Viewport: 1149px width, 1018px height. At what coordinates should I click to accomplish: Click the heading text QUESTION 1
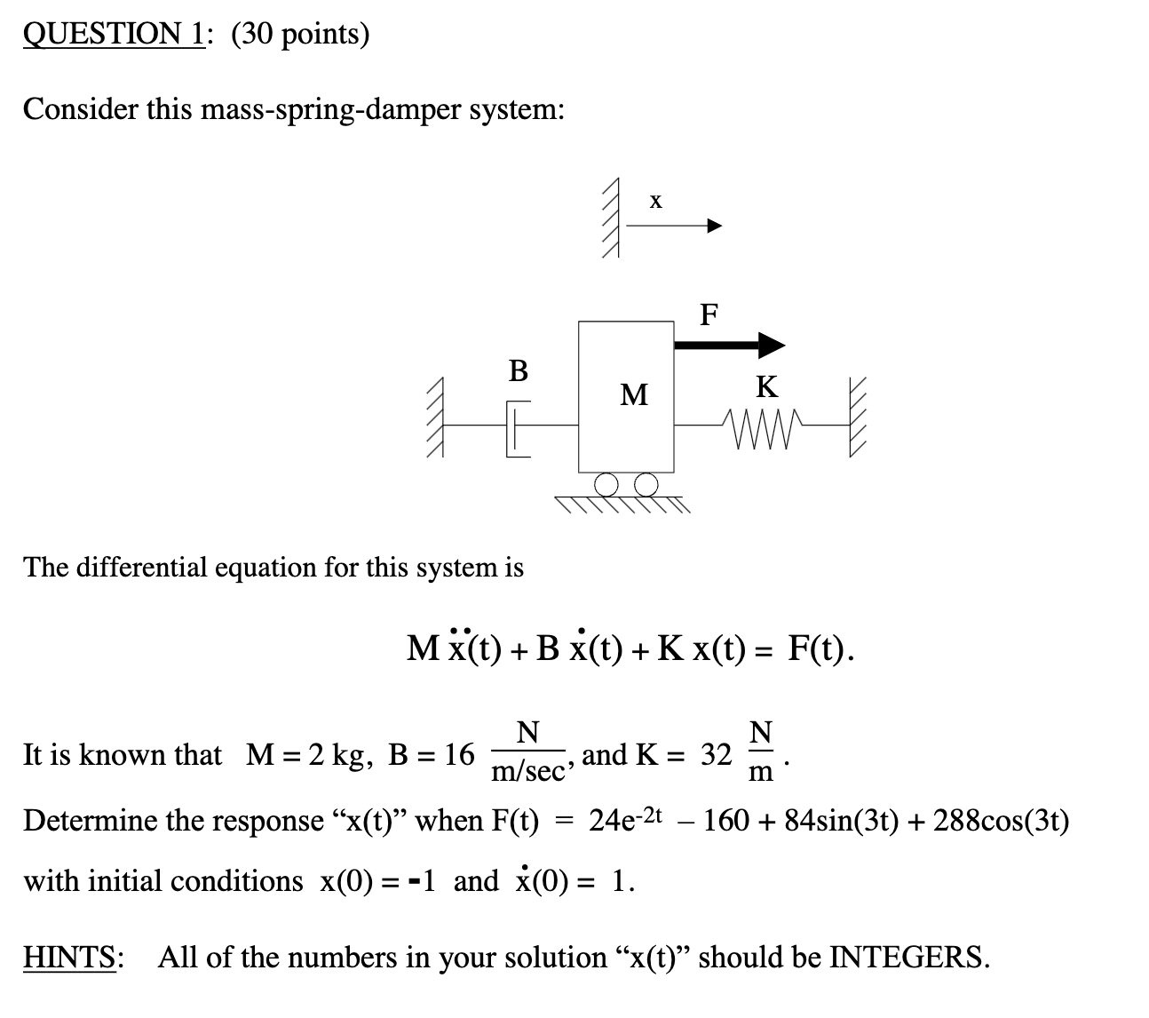[113, 34]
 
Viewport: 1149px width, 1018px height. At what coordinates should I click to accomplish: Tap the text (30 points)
[299, 34]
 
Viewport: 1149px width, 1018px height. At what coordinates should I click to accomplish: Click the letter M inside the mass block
[634, 394]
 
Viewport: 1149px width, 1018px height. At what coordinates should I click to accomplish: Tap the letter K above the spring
[766, 386]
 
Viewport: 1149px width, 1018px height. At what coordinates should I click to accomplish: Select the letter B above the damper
[518, 370]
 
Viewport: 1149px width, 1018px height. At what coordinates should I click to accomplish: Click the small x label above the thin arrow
[655, 202]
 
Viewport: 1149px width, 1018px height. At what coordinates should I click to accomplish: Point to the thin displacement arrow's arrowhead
[715, 227]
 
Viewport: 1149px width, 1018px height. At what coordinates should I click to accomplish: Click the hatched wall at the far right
[857, 418]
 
